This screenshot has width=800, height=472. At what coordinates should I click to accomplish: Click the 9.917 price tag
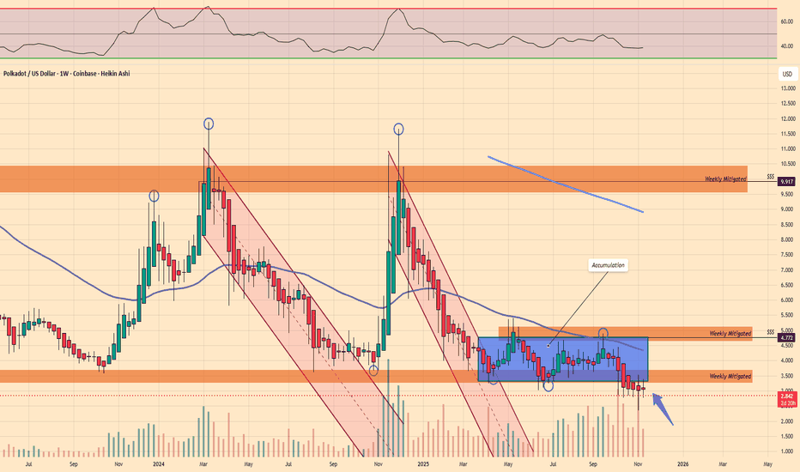785,182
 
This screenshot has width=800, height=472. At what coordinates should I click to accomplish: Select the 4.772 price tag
785,338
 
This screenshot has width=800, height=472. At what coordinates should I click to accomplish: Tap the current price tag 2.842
785,396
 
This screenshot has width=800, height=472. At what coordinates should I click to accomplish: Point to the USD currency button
785,74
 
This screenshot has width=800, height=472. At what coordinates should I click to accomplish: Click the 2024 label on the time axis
158,464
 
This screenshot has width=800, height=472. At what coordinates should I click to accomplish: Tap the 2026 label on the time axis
682,464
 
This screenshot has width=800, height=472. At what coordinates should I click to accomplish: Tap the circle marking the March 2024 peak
209,124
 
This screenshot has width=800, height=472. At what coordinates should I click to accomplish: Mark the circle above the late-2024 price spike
398,129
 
